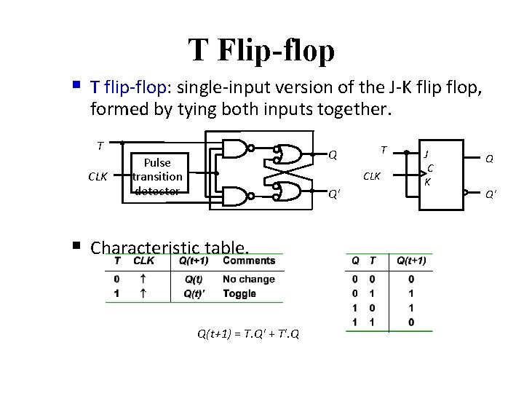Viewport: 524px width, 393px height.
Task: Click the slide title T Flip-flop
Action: [x=262, y=50]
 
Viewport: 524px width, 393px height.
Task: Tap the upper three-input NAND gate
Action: [x=235, y=150]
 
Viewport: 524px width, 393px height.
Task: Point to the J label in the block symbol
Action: [x=426, y=154]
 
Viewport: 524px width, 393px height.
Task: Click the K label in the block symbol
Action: [x=427, y=182]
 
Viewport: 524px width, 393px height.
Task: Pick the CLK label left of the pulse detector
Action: [x=99, y=175]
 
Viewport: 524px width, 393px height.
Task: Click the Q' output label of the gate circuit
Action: [x=333, y=194]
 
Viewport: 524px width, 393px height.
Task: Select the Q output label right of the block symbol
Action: [x=489, y=158]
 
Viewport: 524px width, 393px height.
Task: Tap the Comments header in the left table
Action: [x=249, y=261]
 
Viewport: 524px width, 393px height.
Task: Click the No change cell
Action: [x=249, y=279]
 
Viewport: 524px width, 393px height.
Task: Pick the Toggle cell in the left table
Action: [x=239, y=294]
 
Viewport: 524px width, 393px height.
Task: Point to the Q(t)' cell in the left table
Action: [x=194, y=294]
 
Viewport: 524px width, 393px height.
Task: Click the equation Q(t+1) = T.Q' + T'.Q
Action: [x=247, y=333]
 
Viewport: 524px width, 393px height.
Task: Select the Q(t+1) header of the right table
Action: [x=411, y=261]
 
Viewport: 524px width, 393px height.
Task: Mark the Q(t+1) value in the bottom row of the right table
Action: [x=411, y=322]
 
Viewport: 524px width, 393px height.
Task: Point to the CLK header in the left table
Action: [x=145, y=261]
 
